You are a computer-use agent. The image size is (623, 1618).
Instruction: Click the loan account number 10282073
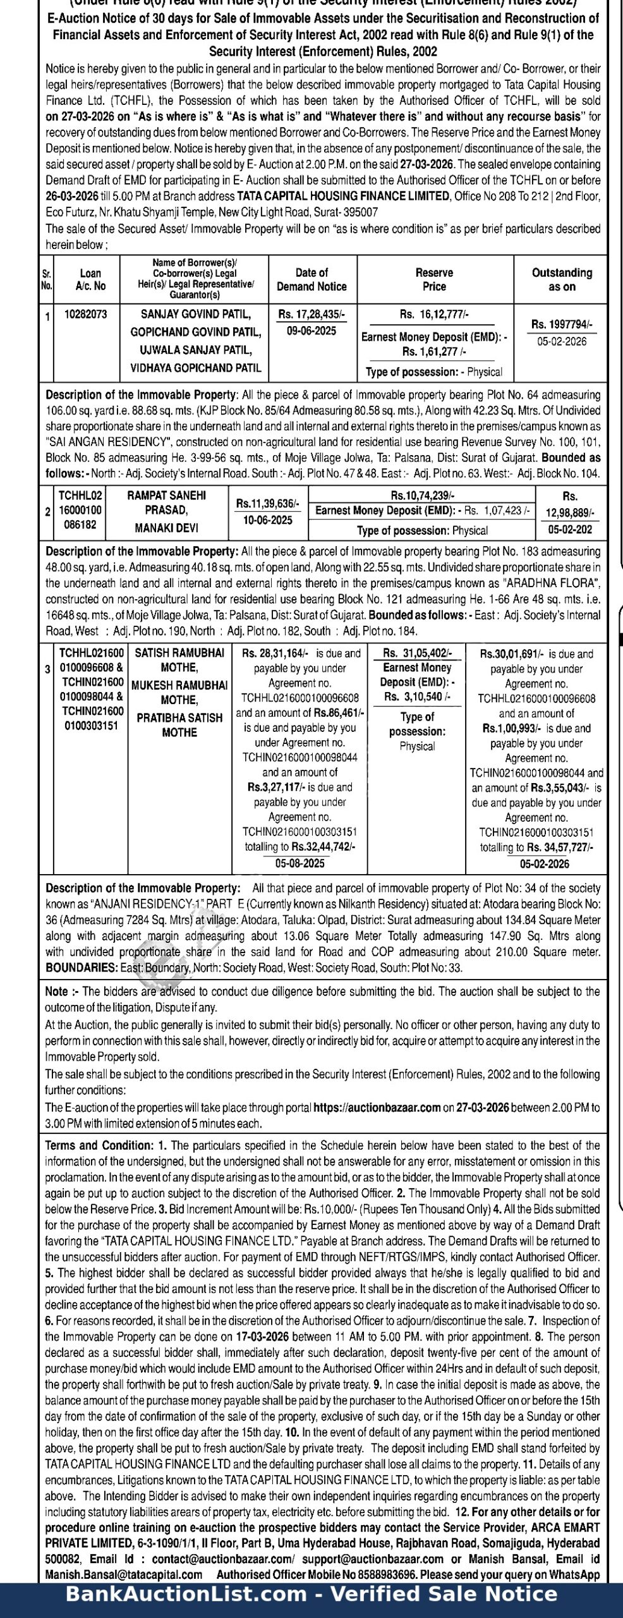pos(86,314)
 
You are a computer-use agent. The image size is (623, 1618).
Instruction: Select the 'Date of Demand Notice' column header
pos(311,279)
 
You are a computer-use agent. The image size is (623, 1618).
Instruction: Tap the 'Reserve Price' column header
pos(434,279)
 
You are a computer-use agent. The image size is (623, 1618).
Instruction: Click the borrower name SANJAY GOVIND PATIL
pos(195,314)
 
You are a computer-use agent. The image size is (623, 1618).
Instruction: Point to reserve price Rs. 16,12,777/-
pos(434,314)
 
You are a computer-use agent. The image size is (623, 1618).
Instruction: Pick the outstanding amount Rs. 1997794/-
pos(562,324)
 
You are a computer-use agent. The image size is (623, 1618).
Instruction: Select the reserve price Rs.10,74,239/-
pos(422,496)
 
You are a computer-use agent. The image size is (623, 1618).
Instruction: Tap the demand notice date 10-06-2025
pos(268,520)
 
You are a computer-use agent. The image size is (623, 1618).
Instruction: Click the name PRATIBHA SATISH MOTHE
pos(179,725)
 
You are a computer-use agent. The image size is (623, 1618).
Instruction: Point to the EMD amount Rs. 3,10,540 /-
pos(417,696)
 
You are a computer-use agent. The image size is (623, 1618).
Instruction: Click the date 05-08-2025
pos(299,863)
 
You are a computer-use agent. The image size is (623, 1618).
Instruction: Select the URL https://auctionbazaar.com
pos(377,1107)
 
